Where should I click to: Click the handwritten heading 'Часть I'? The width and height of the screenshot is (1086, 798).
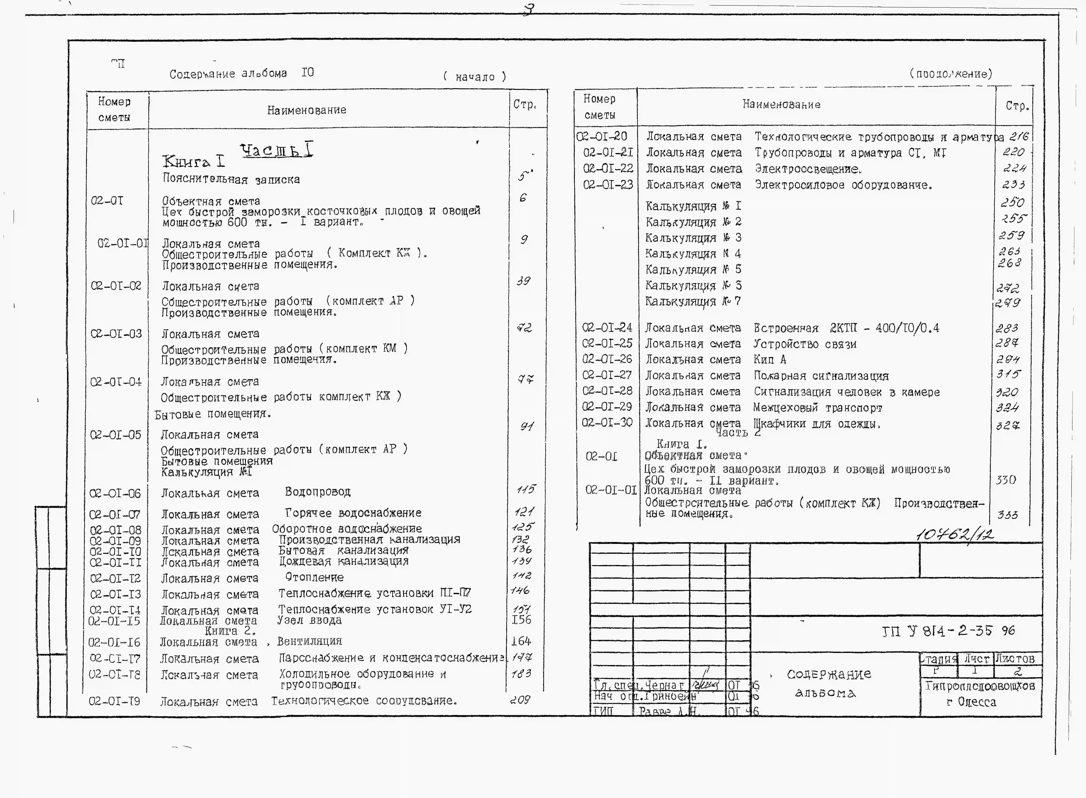point(276,150)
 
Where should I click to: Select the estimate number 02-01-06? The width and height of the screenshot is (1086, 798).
point(115,494)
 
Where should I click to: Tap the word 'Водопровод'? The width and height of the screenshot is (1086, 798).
point(318,492)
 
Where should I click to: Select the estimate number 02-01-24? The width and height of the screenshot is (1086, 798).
point(607,328)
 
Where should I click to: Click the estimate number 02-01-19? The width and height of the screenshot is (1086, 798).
point(115,701)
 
